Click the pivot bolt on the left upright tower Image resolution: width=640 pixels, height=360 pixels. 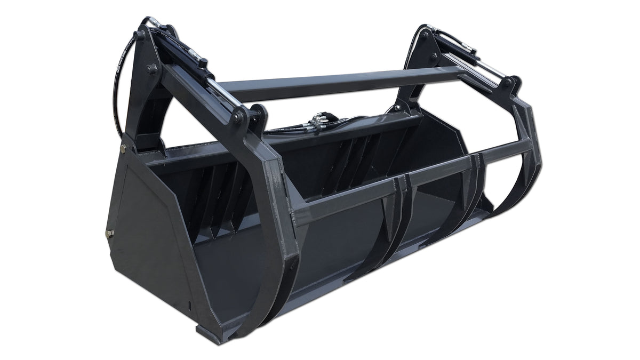click(153, 69)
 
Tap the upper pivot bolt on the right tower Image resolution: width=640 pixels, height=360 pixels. click(425, 35)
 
